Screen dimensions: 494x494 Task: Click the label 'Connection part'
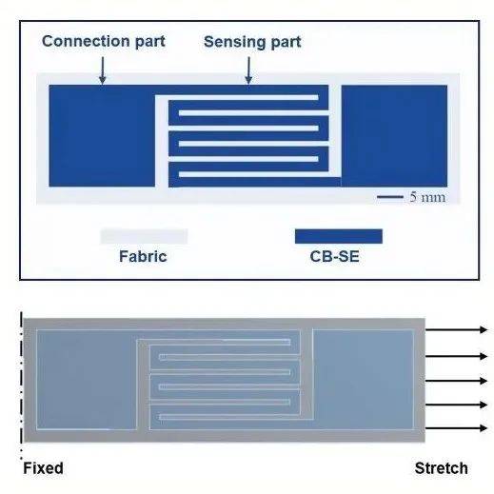coord(104,42)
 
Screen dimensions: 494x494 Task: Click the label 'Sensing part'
coord(252,42)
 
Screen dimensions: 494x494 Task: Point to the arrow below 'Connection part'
coord(103,70)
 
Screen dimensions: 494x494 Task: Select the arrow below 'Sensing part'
coord(248,70)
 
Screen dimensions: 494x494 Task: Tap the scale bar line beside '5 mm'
coord(390,197)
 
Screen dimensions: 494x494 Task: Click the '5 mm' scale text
coord(427,197)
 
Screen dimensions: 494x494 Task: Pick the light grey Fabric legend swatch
coord(144,236)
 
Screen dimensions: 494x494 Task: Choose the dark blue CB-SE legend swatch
coord(339,236)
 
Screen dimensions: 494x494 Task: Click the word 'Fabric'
coord(143,256)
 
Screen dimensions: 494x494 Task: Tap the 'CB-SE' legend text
coord(334,256)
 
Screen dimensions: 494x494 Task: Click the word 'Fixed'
coord(43,468)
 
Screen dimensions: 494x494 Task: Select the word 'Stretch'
coord(442,468)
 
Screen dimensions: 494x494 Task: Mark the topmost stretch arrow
coord(456,330)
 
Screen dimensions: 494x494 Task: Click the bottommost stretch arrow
coord(456,428)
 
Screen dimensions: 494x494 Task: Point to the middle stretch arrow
coord(456,381)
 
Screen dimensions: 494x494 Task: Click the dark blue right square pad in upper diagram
coord(394,136)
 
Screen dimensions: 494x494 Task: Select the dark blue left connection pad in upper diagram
coord(102,136)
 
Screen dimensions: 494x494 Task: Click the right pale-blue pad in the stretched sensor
coord(364,380)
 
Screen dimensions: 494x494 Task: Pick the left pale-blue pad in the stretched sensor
coord(87,380)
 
